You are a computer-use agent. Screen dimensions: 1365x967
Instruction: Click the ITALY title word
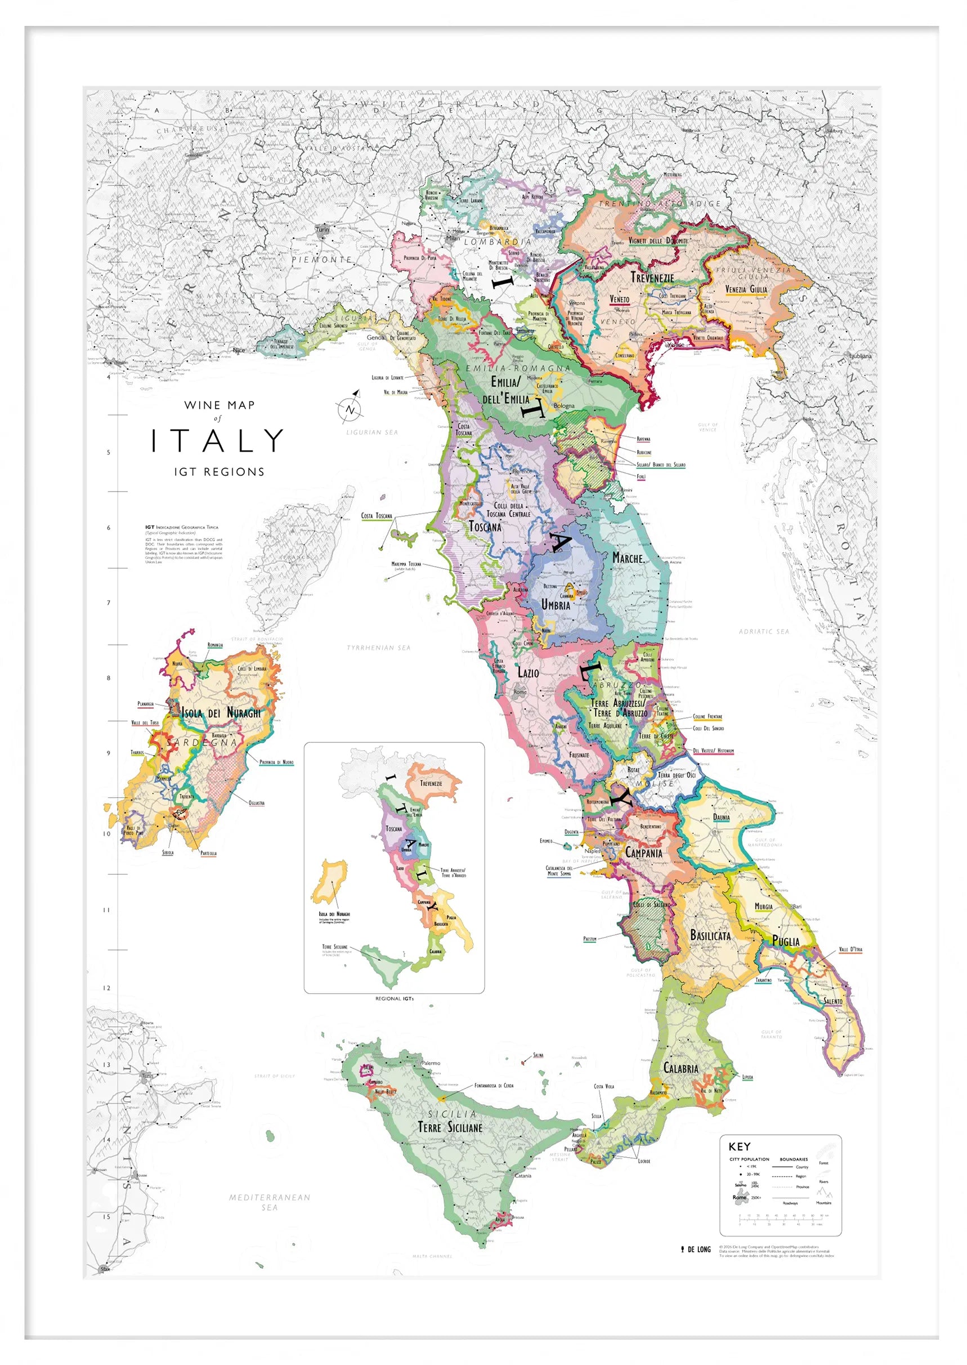pyautogui.click(x=217, y=441)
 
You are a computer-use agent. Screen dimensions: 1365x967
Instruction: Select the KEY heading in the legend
pyautogui.click(x=740, y=1147)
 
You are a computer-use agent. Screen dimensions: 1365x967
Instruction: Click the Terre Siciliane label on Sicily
pyautogui.click(x=450, y=1127)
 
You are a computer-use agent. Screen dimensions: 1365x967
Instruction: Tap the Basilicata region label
pyautogui.click(x=710, y=935)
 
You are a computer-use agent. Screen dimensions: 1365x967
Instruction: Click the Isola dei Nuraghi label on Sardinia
pyautogui.click(x=221, y=713)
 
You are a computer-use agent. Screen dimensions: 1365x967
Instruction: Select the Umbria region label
pyautogui.click(x=556, y=604)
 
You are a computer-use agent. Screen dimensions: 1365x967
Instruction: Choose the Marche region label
pyautogui.click(x=628, y=558)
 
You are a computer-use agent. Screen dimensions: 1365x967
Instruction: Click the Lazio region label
pyautogui.click(x=528, y=672)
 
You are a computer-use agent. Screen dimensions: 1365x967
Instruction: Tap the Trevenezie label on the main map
pyautogui.click(x=652, y=278)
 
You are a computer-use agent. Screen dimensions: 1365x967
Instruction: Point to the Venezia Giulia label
pyautogui.click(x=746, y=289)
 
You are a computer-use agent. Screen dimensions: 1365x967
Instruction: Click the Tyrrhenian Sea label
pyautogui.click(x=379, y=648)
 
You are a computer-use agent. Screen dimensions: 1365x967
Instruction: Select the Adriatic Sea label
pyautogui.click(x=763, y=631)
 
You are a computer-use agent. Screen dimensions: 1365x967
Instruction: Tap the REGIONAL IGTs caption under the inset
pyautogui.click(x=394, y=999)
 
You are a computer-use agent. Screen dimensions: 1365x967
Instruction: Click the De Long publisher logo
pyautogui.click(x=696, y=1250)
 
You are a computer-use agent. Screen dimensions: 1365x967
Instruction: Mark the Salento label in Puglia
pyautogui.click(x=833, y=1001)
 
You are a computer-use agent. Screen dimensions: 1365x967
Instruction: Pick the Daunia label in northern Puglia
pyautogui.click(x=721, y=817)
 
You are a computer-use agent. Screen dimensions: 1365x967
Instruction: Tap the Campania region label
pyautogui.click(x=644, y=853)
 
